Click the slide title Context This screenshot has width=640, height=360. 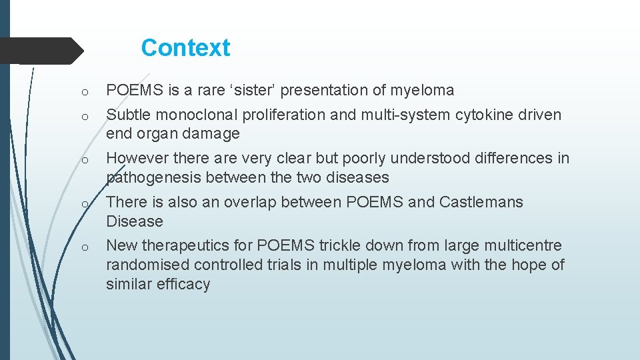coord(185,48)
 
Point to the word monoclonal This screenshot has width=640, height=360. coord(195,115)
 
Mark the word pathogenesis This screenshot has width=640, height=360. coord(154,177)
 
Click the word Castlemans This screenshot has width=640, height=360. coord(481,202)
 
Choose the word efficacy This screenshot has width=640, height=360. coord(185,284)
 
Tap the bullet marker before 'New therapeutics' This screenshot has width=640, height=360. coord(87,247)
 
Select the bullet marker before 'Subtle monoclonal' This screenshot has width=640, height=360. coord(87,116)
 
